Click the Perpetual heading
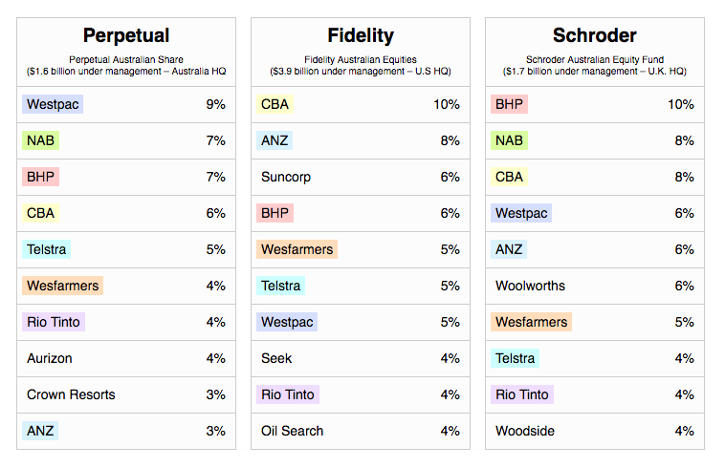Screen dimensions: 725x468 tap(126, 35)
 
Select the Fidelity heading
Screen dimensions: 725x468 tap(361, 35)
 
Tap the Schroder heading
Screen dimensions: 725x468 tap(595, 35)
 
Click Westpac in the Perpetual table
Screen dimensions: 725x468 tap(53, 104)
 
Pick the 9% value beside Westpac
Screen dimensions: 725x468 tap(216, 104)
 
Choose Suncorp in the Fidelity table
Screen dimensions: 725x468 tap(286, 178)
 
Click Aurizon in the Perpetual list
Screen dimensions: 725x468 tap(50, 358)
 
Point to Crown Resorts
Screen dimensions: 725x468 tap(71, 394)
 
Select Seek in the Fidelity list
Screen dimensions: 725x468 tap(276, 358)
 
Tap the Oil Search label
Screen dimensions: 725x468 tap(293, 431)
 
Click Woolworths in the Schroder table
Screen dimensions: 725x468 tap(530, 286)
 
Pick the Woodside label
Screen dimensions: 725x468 tap(525, 431)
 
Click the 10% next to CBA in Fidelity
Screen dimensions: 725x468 tap(447, 104)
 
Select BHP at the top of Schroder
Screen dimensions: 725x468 tap(509, 104)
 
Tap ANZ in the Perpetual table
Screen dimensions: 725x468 tap(40, 431)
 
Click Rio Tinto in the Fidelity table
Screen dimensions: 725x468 tap(288, 394)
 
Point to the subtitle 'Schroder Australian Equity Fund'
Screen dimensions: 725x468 tap(595, 59)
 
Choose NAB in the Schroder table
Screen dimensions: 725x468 tap(509, 140)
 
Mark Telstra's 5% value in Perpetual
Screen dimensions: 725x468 tap(216, 249)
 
